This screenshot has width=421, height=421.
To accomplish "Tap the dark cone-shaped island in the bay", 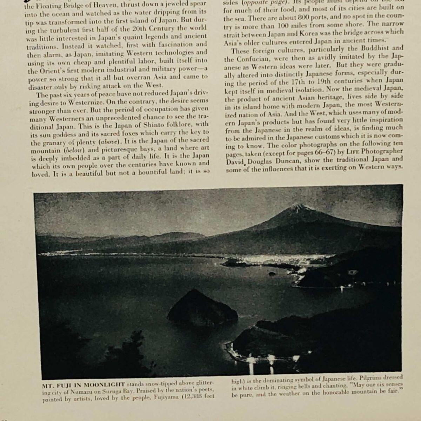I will [x=198, y=309].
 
